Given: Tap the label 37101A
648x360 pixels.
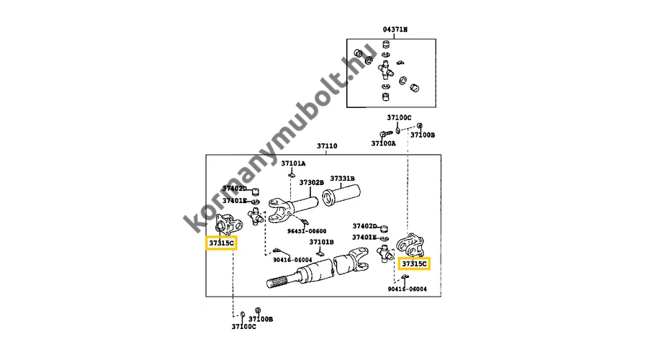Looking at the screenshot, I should coord(293,163).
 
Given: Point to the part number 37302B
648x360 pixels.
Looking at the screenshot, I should coord(312,183).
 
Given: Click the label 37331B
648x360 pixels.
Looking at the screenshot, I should coord(343,179).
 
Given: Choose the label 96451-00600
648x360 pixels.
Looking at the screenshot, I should coord(307,231).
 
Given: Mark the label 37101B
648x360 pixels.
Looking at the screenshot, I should coord(321,242).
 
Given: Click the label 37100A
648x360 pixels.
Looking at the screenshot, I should coord(383,143).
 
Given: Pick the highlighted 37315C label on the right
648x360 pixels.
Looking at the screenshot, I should coord(414,264).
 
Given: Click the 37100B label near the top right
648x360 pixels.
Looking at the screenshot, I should coord(423,134).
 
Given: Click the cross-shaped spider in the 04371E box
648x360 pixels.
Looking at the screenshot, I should coord(386,71).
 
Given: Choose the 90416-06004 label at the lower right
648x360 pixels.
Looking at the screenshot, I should coord(407,289).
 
